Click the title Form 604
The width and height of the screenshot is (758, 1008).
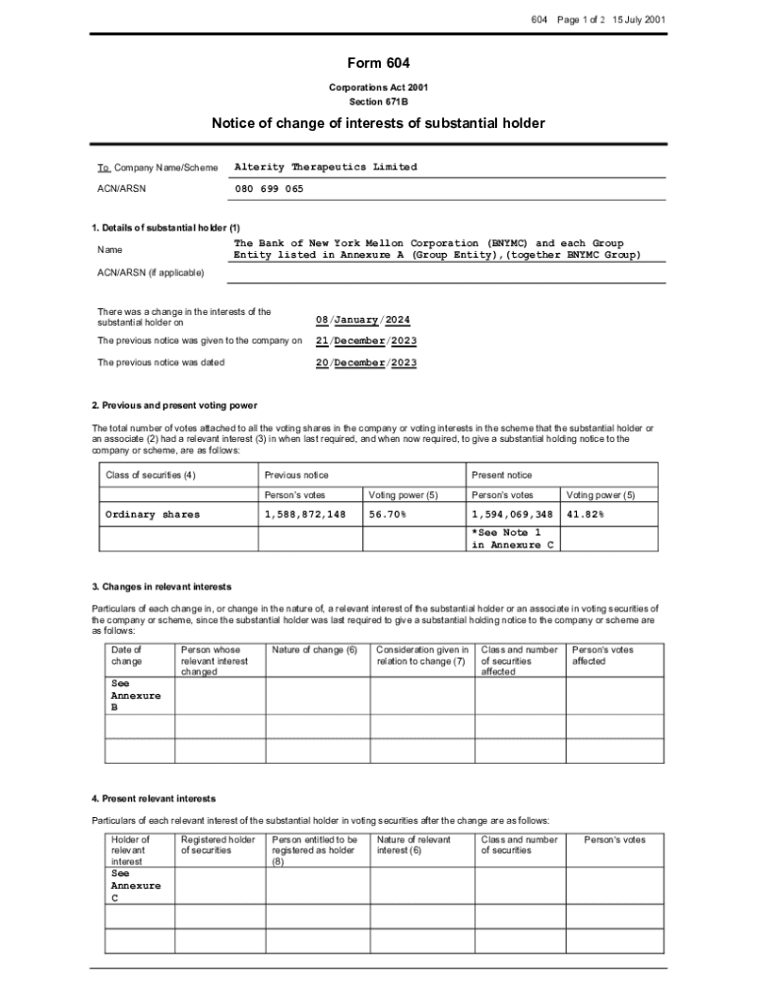378,64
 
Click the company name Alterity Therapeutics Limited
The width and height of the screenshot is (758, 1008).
325,167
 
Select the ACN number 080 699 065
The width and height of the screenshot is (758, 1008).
269,188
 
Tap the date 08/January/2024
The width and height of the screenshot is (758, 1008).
362,320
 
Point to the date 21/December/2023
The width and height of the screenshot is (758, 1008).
365,341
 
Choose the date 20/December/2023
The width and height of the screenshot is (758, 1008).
365,362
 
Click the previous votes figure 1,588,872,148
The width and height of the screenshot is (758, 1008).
305,515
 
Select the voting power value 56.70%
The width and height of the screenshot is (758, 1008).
388,515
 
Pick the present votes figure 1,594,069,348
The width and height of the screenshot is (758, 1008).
512,515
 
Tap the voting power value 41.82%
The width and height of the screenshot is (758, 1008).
585,515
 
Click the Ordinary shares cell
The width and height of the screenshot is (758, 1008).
153,515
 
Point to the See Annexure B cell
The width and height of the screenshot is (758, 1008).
136,694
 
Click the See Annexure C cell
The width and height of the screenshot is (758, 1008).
136,885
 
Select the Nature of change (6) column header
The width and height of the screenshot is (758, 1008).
314,650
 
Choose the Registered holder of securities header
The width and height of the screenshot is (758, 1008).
218,845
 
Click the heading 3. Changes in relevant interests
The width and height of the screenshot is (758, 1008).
161,588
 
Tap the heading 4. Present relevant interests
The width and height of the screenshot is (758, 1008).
154,798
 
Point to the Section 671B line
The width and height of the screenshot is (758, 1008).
378,101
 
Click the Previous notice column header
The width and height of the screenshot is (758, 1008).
296,474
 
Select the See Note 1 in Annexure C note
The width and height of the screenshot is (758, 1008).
506,538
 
